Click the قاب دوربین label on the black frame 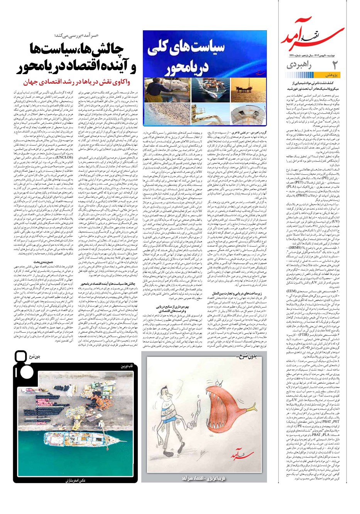click(120, 365)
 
